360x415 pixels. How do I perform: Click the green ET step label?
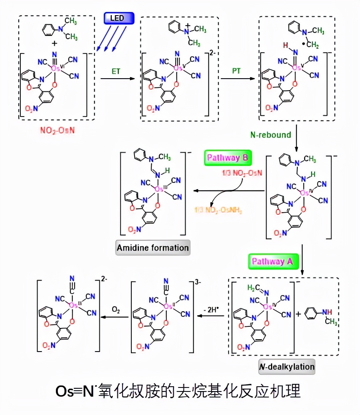point(116,71)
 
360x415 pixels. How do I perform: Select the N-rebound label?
point(271,134)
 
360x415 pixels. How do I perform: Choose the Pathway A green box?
point(273,261)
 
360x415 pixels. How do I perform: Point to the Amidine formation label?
point(152,248)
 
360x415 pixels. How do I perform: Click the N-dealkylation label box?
point(287,366)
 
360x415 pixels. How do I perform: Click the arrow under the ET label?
point(117,79)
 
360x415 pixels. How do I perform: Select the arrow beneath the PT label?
point(237,79)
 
